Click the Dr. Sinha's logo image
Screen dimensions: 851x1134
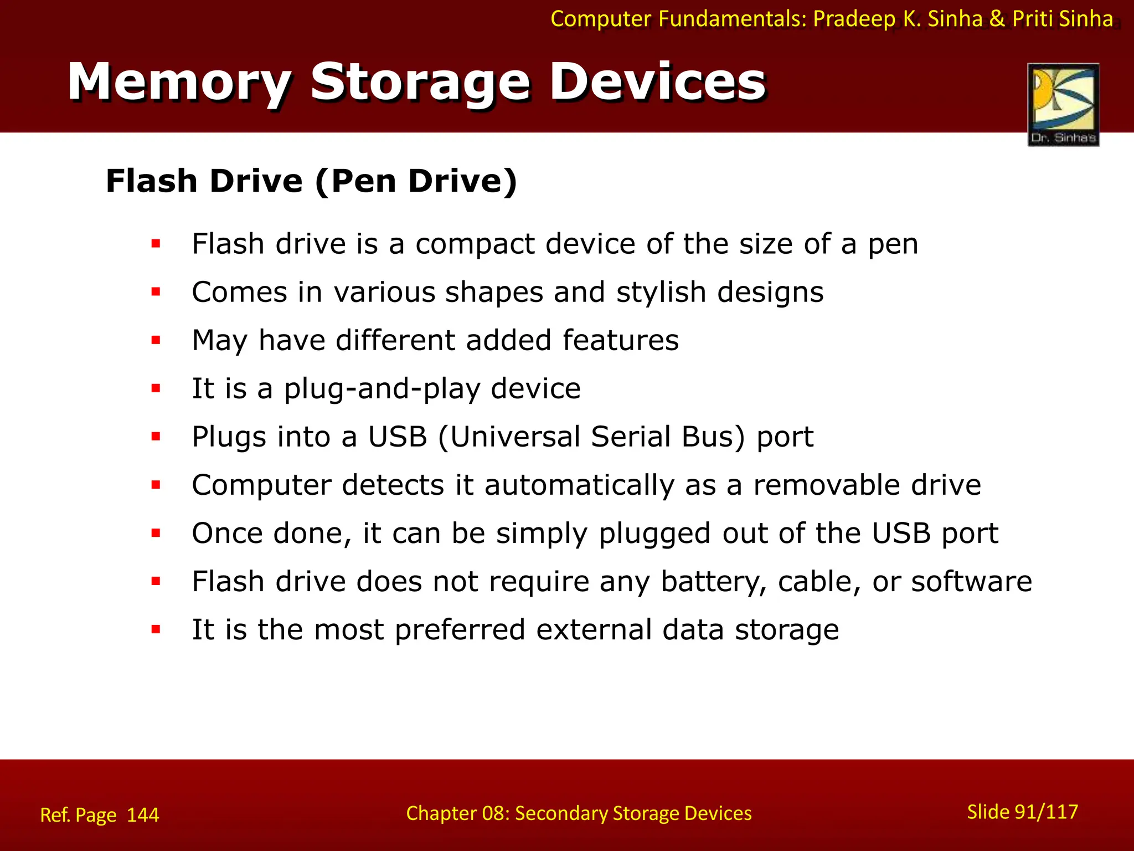(1063, 104)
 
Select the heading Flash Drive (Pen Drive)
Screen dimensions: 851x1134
(311, 181)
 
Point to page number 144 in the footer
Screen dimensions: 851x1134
(143, 815)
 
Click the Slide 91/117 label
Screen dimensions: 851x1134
(1022, 812)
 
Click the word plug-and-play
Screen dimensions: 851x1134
(382, 389)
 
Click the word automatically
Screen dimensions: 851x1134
(579, 485)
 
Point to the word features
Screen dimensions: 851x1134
(621, 340)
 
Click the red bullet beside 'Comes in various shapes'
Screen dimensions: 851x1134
(156, 291)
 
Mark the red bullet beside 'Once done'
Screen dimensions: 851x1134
(156, 533)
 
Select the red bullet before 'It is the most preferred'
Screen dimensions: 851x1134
(156, 629)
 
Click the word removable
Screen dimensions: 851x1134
(827, 485)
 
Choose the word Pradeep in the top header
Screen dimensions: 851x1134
(854, 19)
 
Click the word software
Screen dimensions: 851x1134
(971, 581)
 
